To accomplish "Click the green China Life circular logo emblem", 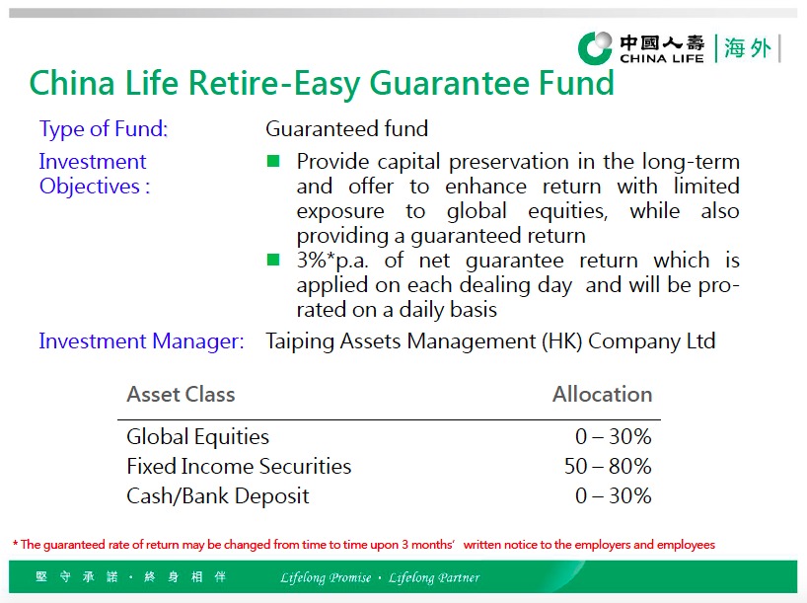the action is click(596, 48).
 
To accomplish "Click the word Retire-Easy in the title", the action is click(278, 84).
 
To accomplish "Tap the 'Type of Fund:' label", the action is click(104, 128).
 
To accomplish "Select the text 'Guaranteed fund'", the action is click(347, 128).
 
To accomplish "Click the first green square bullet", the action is click(273, 162).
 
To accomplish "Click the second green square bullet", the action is click(273, 260).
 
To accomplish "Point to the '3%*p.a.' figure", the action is click(332, 261).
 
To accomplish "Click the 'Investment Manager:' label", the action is click(141, 341).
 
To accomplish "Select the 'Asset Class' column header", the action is click(181, 395).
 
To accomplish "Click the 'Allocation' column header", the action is click(602, 395).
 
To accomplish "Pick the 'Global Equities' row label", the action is click(197, 437).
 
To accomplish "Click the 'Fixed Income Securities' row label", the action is click(239, 467).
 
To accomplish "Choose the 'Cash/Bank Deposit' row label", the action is click(218, 496).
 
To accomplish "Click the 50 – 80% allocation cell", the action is click(608, 467).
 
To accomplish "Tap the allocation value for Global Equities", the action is click(614, 437).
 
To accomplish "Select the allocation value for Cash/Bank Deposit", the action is click(614, 495).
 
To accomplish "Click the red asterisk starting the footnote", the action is click(16, 543).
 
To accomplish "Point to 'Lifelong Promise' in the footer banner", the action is click(326, 577).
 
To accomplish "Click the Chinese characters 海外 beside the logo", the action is click(748, 48).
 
